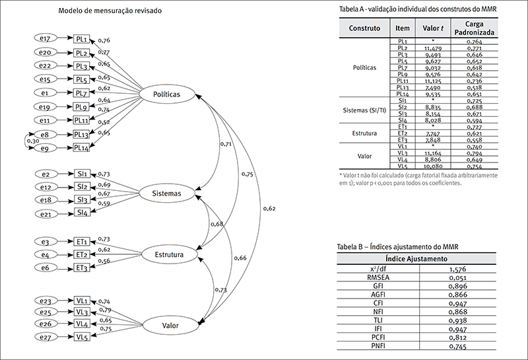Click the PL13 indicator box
81,134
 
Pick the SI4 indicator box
82,213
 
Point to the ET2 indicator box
82,255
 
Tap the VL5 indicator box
82,337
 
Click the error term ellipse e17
46,40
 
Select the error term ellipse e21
46,213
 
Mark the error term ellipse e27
46,337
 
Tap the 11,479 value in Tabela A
432,49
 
